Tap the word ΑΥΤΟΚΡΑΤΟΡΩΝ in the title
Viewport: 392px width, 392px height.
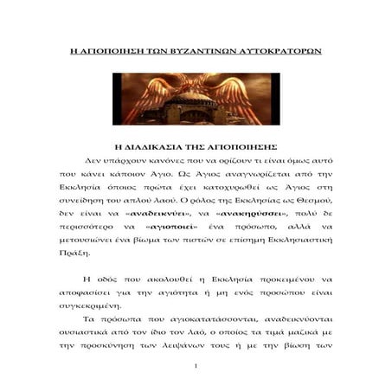(278, 51)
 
